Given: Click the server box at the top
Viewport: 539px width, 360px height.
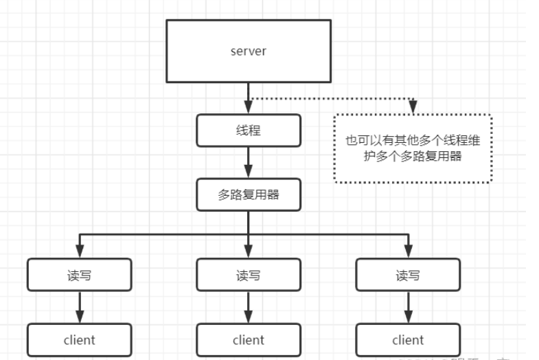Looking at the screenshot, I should click(248, 52).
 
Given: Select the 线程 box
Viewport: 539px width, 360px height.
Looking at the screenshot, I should click(248, 130).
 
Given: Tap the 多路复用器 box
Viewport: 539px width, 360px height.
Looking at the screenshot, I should click(248, 195).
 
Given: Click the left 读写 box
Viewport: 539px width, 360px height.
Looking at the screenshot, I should click(80, 275).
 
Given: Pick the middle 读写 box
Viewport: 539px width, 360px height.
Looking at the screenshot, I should click(248, 275).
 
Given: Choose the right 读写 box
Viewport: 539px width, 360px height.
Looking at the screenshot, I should click(408, 275).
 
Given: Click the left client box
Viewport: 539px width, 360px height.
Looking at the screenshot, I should click(80, 339).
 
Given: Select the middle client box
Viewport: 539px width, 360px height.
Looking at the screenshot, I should click(248, 339).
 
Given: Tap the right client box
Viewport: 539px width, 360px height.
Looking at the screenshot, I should click(408, 339).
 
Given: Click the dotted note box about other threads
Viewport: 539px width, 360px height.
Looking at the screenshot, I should click(413, 148).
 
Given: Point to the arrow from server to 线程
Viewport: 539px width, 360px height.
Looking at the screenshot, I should click(248, 96).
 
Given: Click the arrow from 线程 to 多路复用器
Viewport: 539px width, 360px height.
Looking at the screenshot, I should click(248, 162).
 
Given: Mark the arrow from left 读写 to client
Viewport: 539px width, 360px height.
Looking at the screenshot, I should click(80, 306).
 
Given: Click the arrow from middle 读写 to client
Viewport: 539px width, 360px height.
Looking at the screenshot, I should click(248, 306).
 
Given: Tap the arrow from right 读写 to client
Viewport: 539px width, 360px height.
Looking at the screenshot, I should click(408, 306).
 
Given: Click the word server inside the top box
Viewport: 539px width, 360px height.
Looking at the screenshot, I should click(248, 52).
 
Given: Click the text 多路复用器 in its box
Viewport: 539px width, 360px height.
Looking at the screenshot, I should click(248, 195).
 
